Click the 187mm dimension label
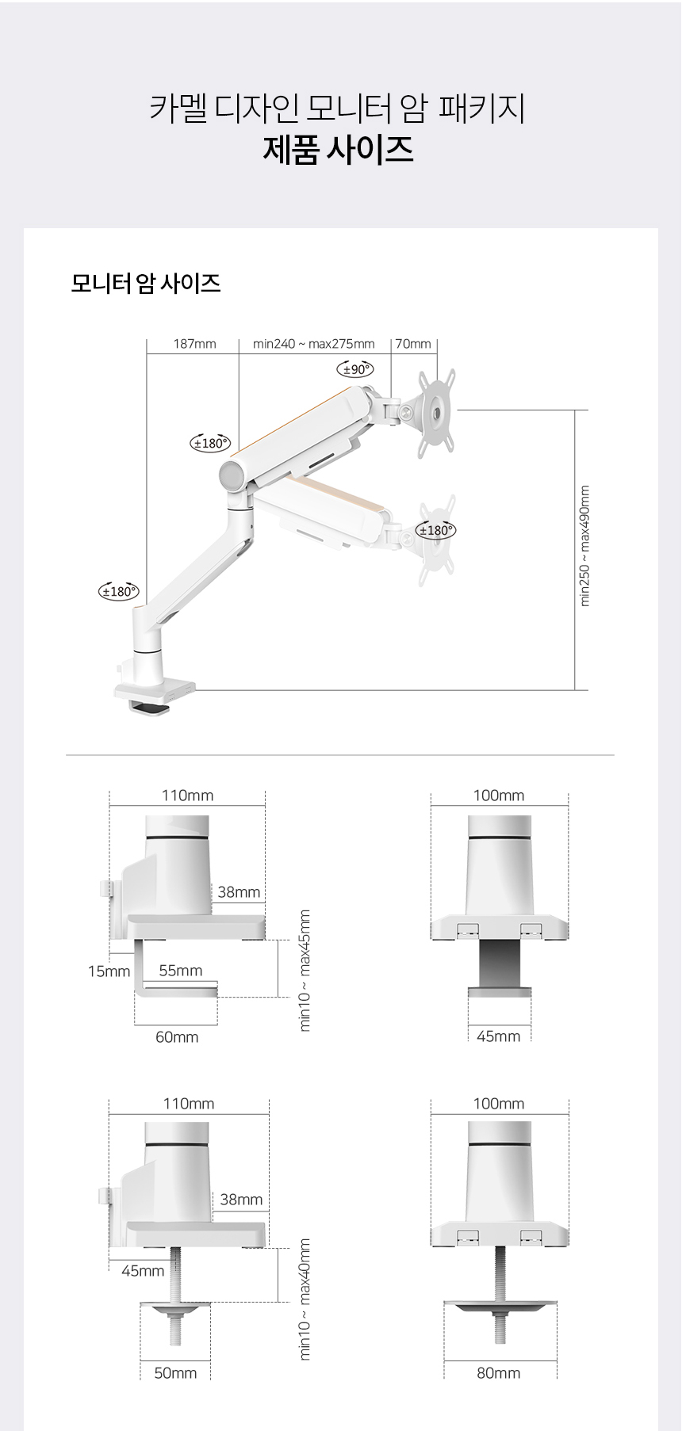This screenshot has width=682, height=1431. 194,344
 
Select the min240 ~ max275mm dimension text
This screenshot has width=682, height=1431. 314,344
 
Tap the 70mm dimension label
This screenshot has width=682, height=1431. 413,344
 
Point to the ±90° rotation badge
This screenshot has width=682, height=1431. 355,369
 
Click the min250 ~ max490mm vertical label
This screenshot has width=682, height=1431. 585,546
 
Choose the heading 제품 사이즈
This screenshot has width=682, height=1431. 339,149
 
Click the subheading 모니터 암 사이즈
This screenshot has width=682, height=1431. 146,283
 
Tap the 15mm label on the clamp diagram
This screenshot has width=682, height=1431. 109,971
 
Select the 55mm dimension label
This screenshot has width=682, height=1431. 181,971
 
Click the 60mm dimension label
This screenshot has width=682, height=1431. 177,1037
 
